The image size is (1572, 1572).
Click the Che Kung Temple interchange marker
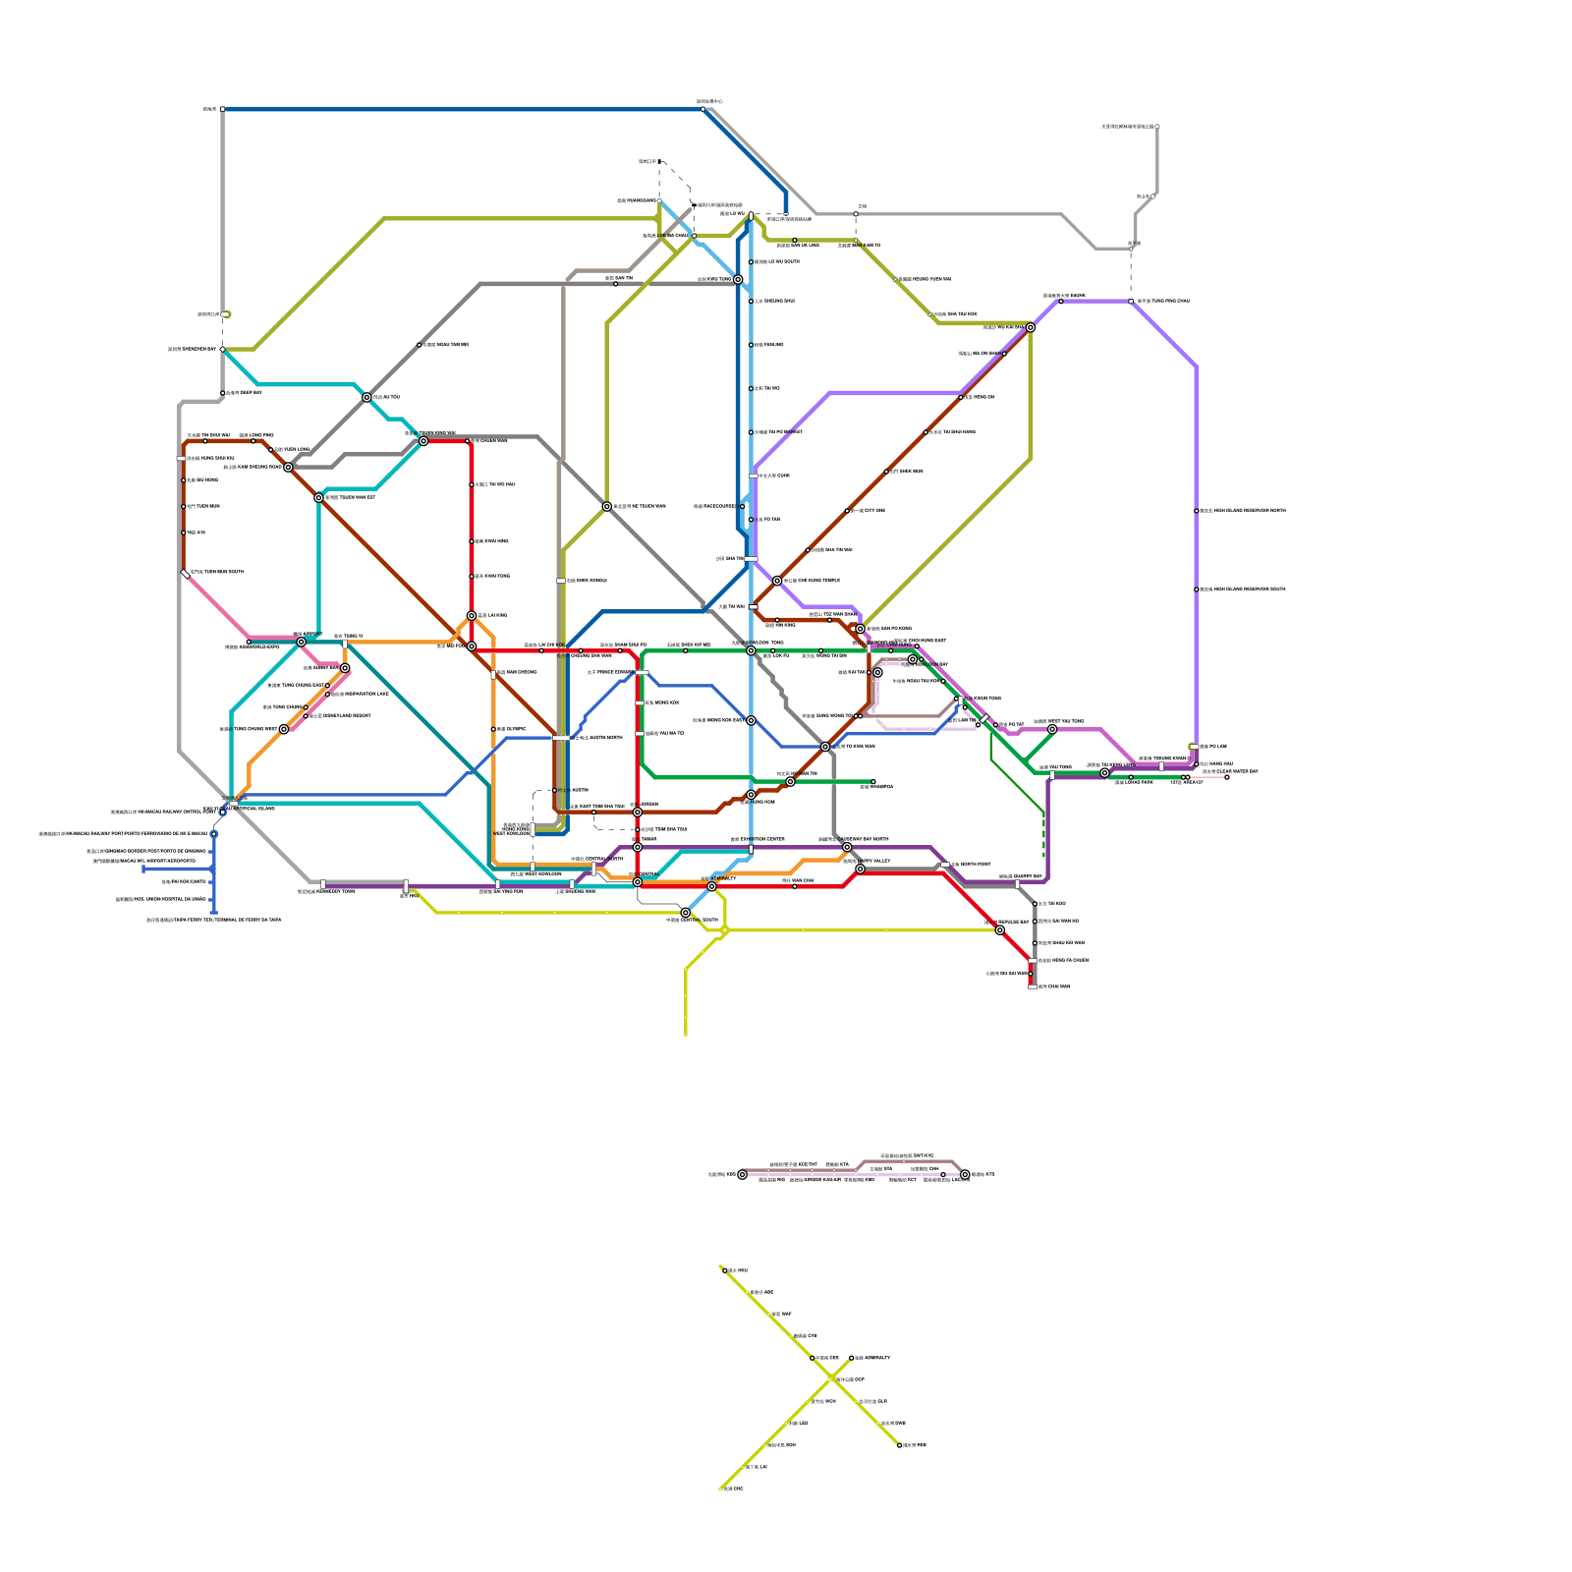(x=777, y=581)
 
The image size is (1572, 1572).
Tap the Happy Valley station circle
(x=860, y=869)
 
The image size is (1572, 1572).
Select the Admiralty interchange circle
(x=712, y=886)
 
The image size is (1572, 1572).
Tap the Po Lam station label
(x=1214, y=747)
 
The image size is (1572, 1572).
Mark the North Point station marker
(x=945, y=865)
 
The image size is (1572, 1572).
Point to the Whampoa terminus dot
(x=872, y=781)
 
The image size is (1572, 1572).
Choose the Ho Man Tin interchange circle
(x=790, y=781)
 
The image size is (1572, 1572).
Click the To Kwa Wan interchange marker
(x=825, y=747)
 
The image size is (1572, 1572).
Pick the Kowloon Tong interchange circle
(x=751, y=650)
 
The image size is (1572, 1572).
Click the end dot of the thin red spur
(x=1226, y=777)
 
